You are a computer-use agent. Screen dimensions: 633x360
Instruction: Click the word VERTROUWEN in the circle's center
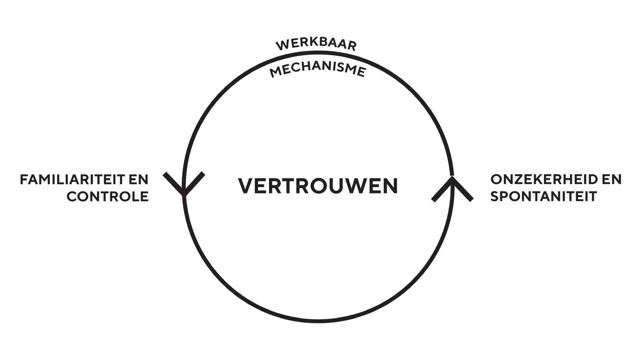(x=318, y=186)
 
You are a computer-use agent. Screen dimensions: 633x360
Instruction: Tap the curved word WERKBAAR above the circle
(x=316, y=45)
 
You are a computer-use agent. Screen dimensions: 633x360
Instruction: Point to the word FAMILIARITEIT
(x=70, y=179)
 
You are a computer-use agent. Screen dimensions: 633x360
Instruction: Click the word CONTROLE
(x=108, y=196)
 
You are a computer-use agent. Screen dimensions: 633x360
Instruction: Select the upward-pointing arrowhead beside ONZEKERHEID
(x=452, y=189)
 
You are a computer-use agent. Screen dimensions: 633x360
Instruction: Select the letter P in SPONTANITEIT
(x=504, y=196)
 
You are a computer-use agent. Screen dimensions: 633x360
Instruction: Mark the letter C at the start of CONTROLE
(x=72, y=196)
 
